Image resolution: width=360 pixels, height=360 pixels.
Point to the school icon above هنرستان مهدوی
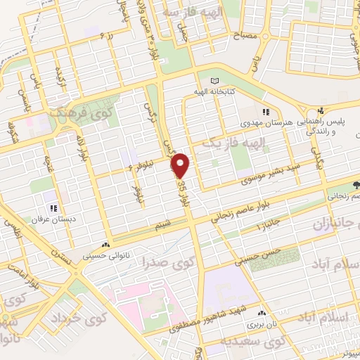(x=266, y=111)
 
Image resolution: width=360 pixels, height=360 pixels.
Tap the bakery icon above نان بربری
(x=262, y=314)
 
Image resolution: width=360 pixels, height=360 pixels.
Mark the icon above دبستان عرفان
(x=54, y=207)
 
